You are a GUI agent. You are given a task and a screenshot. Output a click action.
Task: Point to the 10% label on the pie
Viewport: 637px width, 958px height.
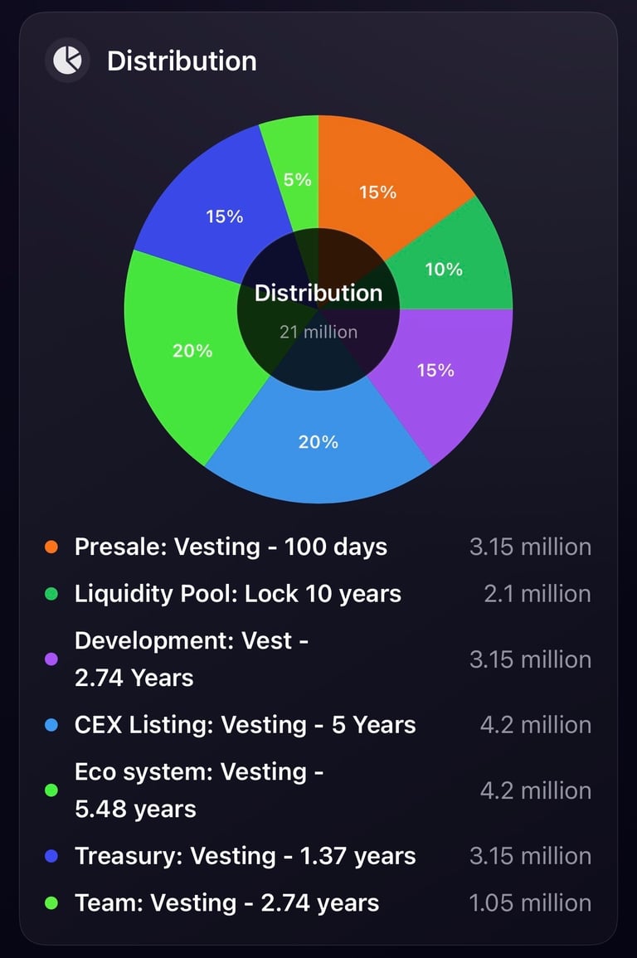tap(444, 270)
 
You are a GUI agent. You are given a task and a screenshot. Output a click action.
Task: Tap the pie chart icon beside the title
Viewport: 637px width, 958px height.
tap(67, 61)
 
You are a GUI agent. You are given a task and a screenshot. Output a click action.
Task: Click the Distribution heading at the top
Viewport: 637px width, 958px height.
tap(182, 61)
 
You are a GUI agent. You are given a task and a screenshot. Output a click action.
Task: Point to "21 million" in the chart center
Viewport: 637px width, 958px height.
tap(318, 332)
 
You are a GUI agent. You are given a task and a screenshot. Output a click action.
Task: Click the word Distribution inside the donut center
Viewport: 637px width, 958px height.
tap(318, 293)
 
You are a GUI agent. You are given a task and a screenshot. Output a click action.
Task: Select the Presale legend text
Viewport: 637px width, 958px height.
tap(231, 547)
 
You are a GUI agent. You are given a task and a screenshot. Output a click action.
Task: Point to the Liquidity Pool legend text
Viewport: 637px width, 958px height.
tap(238, 594)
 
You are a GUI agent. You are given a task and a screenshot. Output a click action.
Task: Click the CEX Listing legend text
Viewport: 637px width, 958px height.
tap(245, 725)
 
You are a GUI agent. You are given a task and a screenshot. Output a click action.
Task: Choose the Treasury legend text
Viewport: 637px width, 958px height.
tap(245, 856)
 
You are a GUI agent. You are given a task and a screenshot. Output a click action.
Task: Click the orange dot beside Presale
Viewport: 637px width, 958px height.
tap(51, 547)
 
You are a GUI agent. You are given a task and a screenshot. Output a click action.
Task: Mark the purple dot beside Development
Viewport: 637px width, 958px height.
tap(51, 660)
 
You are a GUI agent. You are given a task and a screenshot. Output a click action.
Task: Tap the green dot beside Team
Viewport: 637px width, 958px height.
tap(51, 903)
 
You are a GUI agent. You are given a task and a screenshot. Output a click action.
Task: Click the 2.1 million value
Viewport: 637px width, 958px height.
tap(537, 594)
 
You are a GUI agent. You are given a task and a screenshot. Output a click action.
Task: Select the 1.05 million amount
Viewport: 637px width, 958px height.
tap(530, 903)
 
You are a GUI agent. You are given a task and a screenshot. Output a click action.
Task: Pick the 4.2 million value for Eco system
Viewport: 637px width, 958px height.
tap(536, 790)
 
